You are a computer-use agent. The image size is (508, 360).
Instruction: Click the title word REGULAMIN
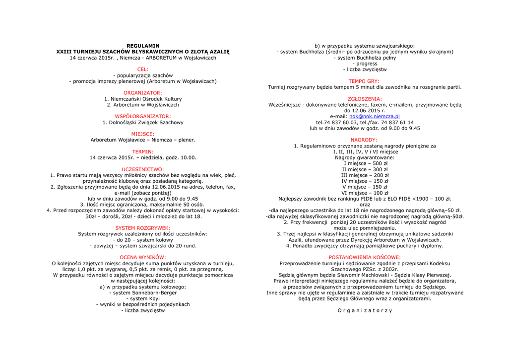click(143, 46)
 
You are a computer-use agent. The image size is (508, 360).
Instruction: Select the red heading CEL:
click(143, 70)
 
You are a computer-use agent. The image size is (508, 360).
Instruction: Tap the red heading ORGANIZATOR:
click(143, 93)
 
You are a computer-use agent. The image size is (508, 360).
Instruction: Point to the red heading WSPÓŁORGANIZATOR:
click(143, 116)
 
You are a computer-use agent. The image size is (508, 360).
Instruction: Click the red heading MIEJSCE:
click(143, 134)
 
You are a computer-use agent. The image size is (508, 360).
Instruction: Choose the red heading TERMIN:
click(143, 151)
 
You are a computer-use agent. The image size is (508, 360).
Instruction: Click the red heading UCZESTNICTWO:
click(143, 169)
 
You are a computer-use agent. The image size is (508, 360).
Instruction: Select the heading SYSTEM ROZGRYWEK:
click(143, 228)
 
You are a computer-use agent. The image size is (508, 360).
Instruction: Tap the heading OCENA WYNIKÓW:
click(143, 257)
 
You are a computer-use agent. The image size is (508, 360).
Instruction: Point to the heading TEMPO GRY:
click(364, 81)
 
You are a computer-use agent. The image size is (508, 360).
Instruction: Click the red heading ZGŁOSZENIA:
click(365, 99)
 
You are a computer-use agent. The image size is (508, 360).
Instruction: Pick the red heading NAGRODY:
click(364, 140)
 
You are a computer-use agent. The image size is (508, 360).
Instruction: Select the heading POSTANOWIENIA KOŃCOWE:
click(365, 257)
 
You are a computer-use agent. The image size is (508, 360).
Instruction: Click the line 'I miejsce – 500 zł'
click(365, 163)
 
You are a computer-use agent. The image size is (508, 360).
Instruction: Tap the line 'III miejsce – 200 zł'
click(365, 175)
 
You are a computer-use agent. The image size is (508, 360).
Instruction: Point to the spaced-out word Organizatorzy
click(365, 310)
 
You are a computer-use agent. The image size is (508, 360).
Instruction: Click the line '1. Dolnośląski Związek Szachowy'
click(143, 122)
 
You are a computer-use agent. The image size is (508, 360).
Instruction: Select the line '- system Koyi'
click(143, 298)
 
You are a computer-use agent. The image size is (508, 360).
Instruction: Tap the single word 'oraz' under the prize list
click(365, 205)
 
